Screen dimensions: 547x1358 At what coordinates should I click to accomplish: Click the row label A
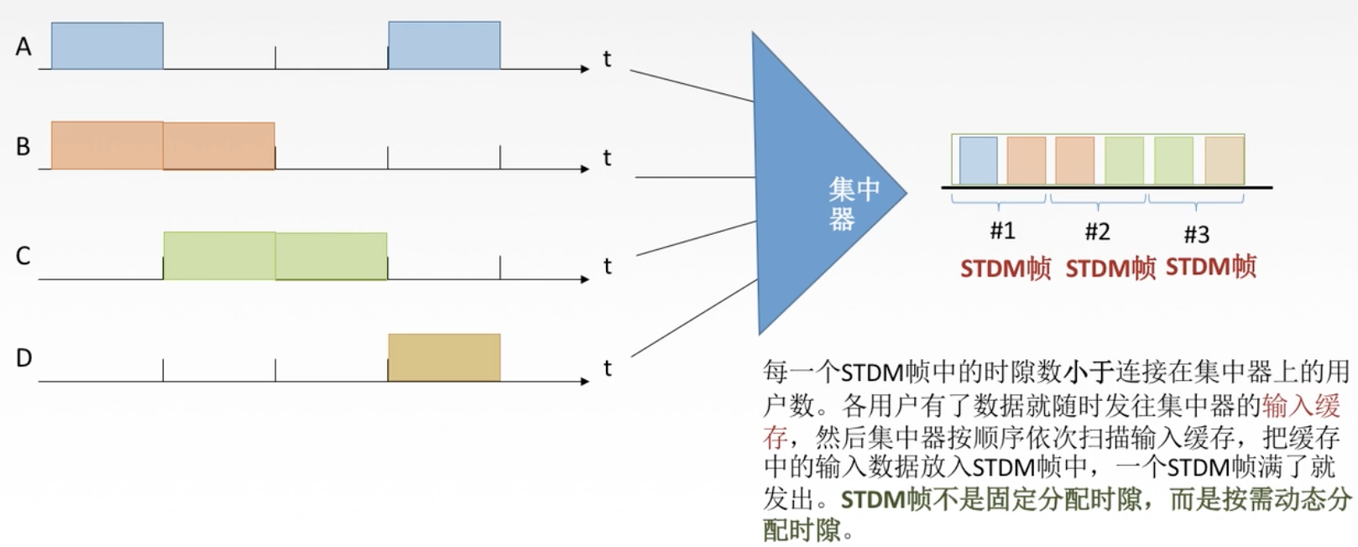coord(24,46)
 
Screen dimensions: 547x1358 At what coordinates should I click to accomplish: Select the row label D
coord(24,358)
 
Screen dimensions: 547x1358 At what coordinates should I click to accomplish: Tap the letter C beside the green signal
coord(24,256)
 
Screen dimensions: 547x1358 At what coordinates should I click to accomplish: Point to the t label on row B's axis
coord(607,158)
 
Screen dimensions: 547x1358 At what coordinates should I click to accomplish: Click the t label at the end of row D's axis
coord(607,368)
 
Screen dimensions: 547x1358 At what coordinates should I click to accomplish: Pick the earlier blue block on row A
coord(107,46)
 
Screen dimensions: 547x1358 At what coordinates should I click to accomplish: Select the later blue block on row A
coord(444,45)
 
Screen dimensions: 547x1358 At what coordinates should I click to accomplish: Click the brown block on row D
coord(444,357)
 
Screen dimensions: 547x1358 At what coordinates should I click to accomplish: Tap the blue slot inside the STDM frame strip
coord(978,160)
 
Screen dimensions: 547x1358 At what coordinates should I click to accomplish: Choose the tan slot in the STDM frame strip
coord(1224,160)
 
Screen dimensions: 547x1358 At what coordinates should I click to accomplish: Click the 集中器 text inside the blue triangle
coord(853,202)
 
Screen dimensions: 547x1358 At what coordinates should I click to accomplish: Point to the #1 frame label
coord(1002,230)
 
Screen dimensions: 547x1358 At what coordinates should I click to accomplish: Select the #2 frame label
coord(1097,231)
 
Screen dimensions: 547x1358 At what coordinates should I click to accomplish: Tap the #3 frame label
coord(1196,233)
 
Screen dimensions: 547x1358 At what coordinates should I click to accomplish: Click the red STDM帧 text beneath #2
coord(1110,268)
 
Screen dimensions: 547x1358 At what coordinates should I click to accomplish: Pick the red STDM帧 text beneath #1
coord(1005,268)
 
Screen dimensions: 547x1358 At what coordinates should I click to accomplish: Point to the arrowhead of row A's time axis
coord(585,69)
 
